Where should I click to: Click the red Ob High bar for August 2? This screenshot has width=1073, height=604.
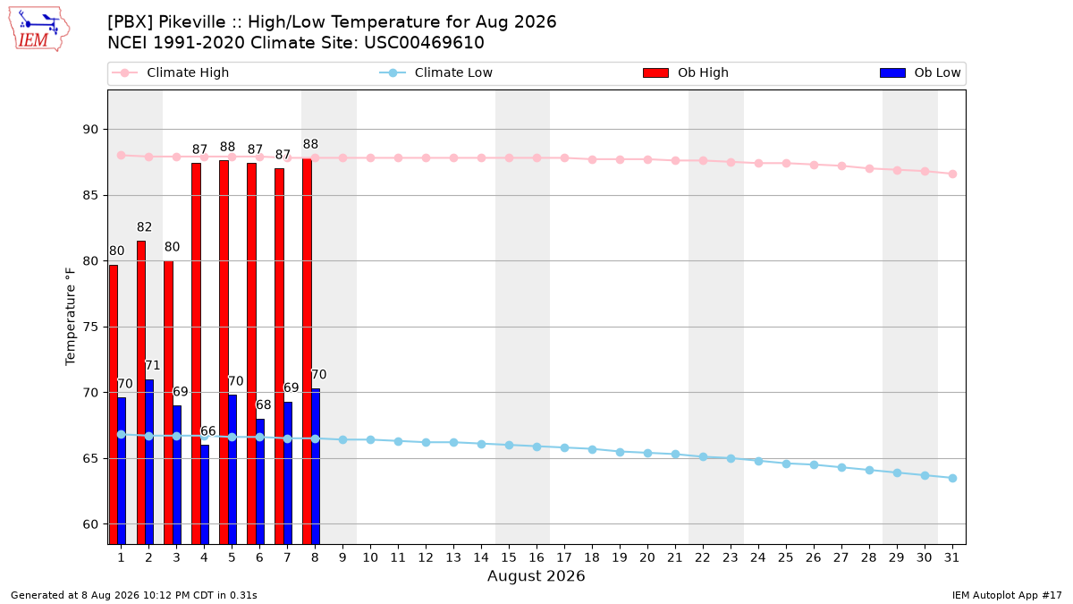tap(141, 393)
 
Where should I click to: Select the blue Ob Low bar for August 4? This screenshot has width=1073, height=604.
tap(205, 494)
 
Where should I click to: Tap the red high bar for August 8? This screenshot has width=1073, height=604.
tap(307, 352)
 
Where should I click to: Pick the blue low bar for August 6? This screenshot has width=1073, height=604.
tap(260, 481)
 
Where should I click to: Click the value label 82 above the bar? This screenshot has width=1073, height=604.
tap(144, 226)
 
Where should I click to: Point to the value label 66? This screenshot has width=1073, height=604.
tap(207, 431)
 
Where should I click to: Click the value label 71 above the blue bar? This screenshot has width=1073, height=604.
tap(152, 365)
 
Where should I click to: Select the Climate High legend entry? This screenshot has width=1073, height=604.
tap(171, 72)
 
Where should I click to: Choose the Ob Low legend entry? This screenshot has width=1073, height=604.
tap(920, 72)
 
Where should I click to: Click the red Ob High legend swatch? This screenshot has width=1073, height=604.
tap(655, 72)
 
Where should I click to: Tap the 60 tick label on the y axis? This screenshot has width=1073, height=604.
tap(90, 524)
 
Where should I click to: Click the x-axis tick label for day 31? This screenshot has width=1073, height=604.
tap(951, 557)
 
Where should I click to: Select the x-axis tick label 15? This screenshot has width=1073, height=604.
tap(509, 557)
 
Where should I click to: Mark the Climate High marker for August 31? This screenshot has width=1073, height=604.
tap(952, 174)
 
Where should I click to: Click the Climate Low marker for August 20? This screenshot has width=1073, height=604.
tap(647, 453)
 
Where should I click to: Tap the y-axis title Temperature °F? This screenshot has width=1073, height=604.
tap(71, 317)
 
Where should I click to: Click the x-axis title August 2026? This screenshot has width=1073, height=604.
tap(536, 575)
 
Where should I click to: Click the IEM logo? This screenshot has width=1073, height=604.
tap(38, 30)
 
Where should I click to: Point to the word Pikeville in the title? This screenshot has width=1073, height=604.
tap(191, 22)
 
